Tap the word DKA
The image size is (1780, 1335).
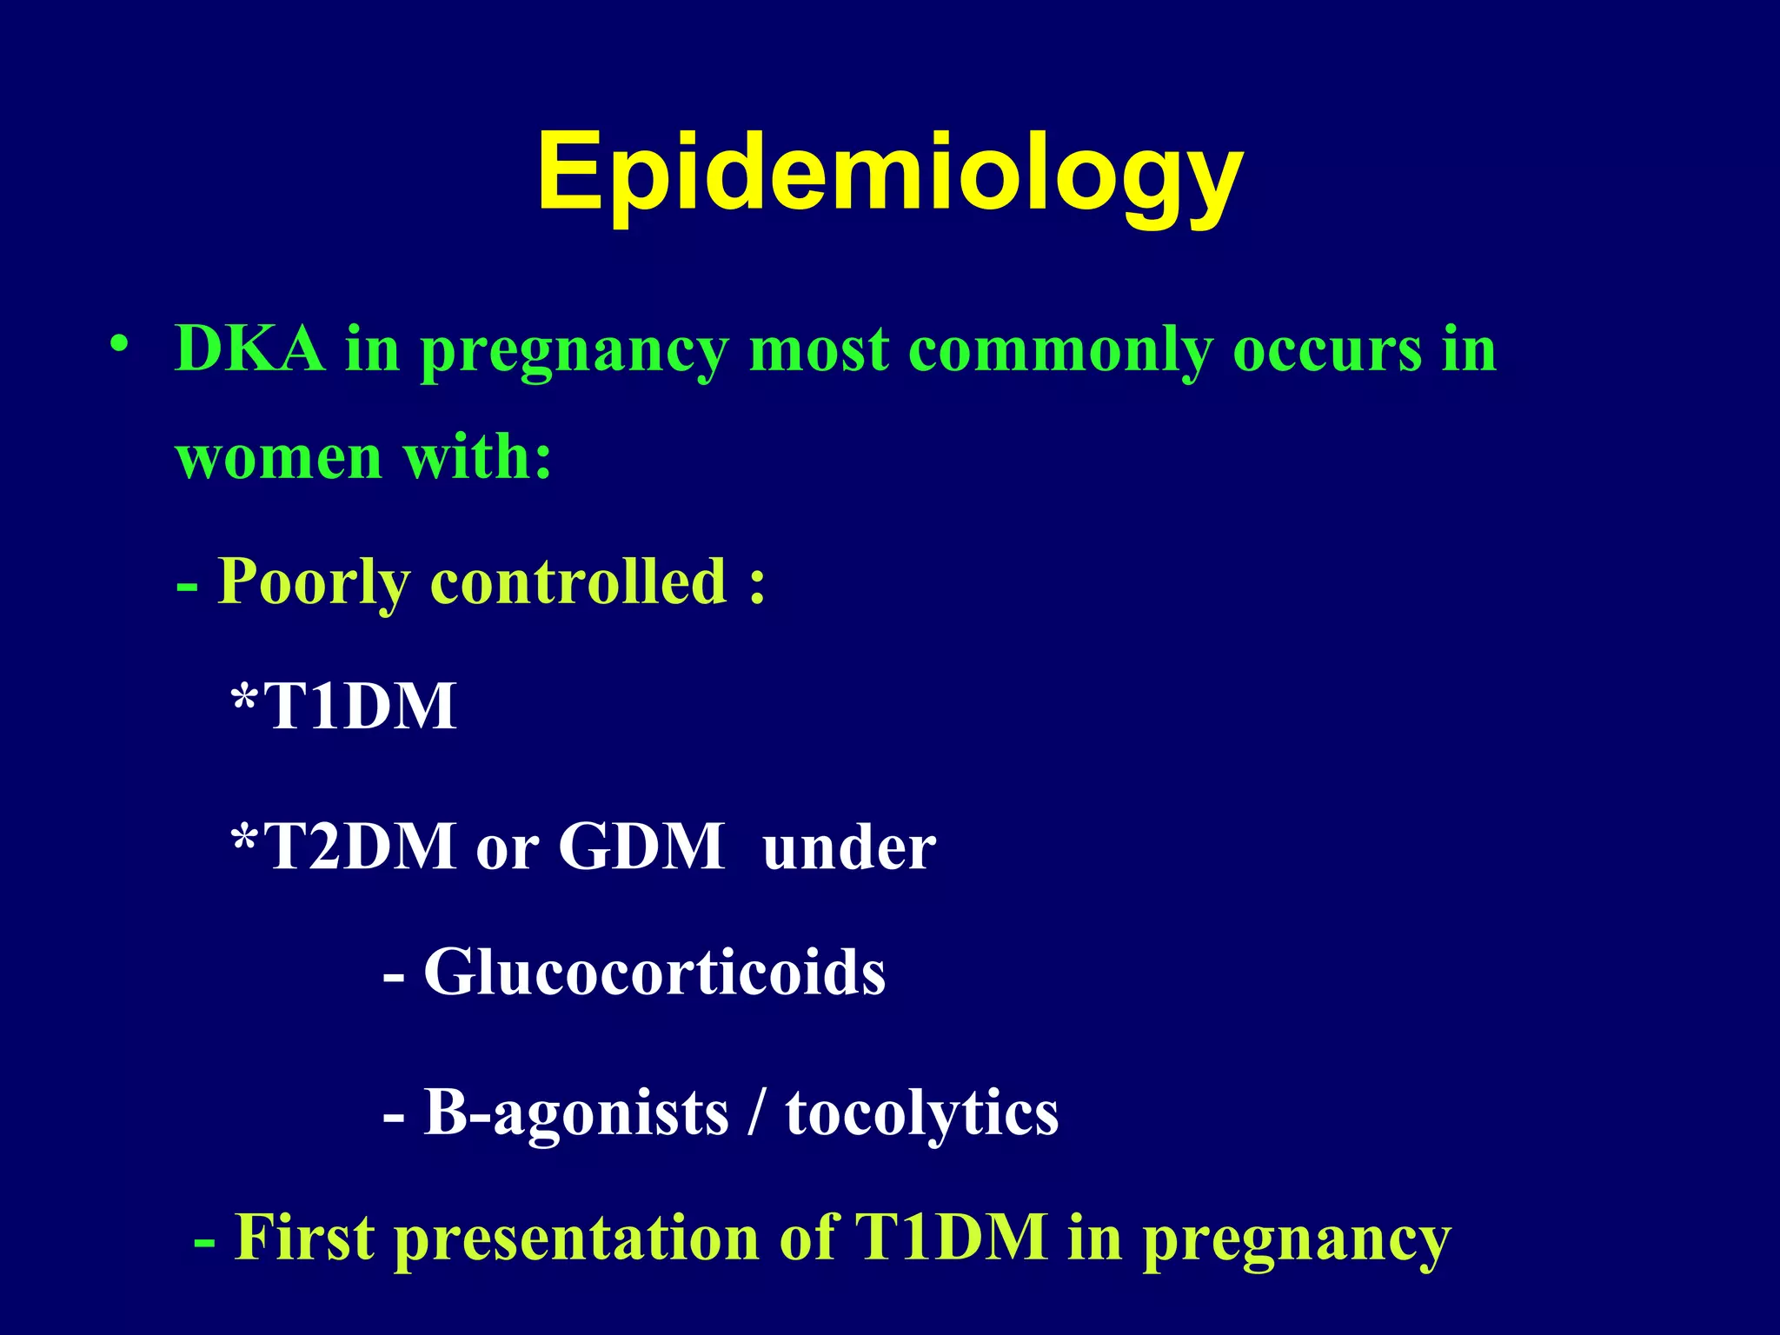click(250, 349)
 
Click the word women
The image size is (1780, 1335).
click(278, 457)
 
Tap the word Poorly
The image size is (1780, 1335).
click(313, 581)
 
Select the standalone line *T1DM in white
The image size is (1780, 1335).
click(344, 706)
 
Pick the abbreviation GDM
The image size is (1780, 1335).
click(641, 847)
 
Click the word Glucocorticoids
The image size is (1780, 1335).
click(654, 972)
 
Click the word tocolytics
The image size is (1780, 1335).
click(922, 1113)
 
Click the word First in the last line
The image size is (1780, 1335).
click(305, 1237)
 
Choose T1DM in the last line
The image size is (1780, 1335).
click(951, 1237)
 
